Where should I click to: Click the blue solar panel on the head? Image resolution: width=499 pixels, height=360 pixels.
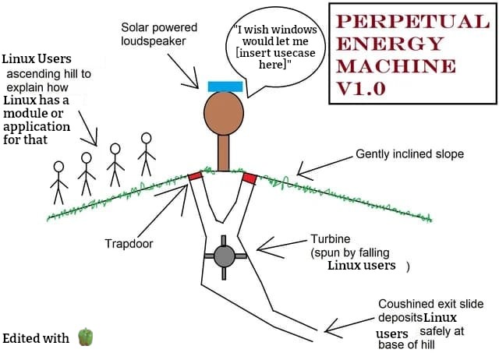(x=224, y=85)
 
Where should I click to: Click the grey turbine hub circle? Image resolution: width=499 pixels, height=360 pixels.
(x=224, y=254)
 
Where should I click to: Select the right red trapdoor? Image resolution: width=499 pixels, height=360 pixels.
(x=249, y=178)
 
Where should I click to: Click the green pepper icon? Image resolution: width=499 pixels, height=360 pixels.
(x=86, y=337)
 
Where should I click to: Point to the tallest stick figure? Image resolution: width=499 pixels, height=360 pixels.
(x=146, y=154)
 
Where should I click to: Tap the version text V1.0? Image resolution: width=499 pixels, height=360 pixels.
(x=361, y=88)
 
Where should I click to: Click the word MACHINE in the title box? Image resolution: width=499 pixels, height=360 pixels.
(x=388, y=65)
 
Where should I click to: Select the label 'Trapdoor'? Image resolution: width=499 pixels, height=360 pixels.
(x=129, y=244)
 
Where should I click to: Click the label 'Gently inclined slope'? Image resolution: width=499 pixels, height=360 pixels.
(x=409, y=154)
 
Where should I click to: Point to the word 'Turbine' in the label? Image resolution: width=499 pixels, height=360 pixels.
(x=331, y=239)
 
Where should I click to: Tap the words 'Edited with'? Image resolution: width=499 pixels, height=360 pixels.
(x=36, y=338)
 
